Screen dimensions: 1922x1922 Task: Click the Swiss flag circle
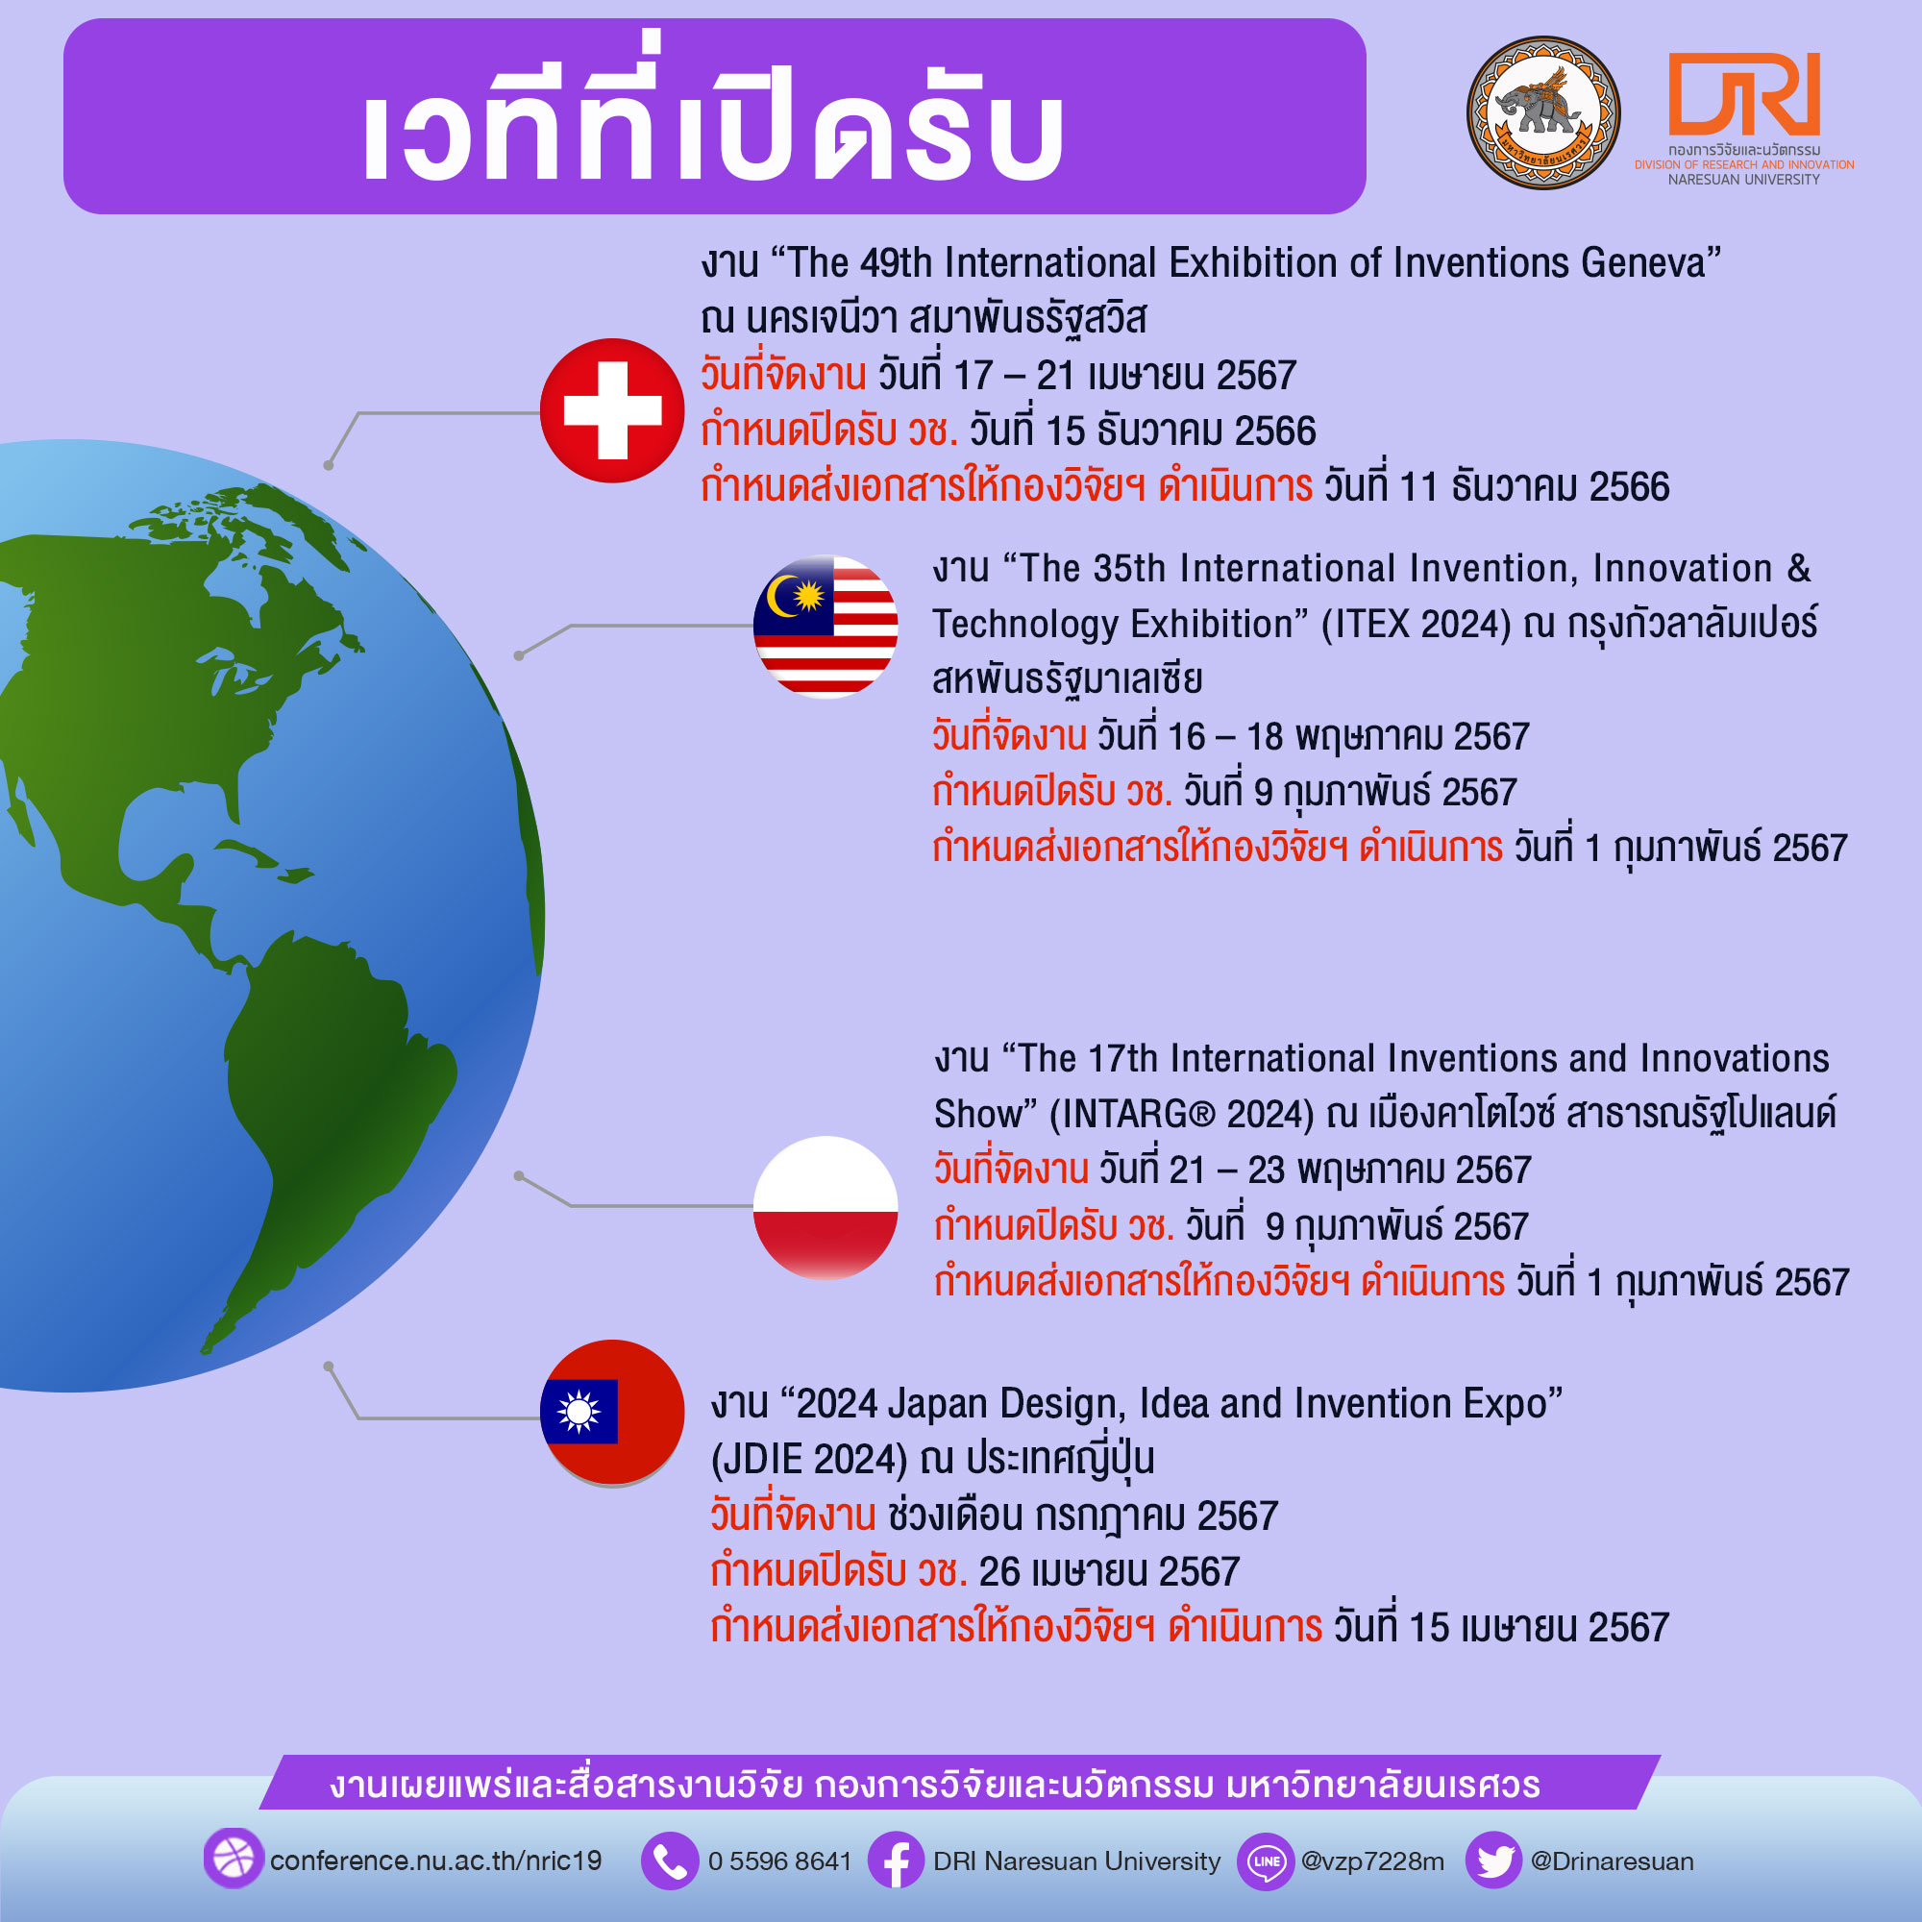click(x=612, y=411)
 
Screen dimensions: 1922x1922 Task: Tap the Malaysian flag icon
click(x=825, y=627)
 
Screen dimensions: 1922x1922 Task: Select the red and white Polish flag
click(x=825, y=1208)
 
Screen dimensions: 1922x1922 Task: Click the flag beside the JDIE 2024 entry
click(x=612, y=1413)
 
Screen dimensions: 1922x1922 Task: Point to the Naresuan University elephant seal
click(x=1543, y=113)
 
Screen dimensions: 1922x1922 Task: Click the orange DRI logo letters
click(x=1744, y=93)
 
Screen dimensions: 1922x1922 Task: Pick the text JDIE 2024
click(x=809, y=1460)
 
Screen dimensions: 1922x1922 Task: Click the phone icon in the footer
click(x=670, y=1860)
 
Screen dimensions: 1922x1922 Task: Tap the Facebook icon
click(x=897, y=1860)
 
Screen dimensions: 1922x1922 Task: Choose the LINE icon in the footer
click(x=1266, y=1860)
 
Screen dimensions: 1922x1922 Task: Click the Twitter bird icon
click(x=1494, y=1860)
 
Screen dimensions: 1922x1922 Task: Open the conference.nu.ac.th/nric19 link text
click(x=435, y=1861)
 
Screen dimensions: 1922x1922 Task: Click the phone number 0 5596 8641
click(x=780, y=1861)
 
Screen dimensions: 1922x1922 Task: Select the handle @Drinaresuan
click(x=1612, y=1861)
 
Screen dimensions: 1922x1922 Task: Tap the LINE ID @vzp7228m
click(x=1373, y=1861)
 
